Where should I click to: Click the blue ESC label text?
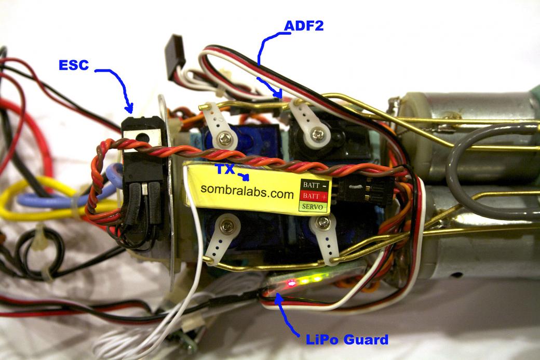pos(74,65)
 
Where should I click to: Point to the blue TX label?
pos(224,169)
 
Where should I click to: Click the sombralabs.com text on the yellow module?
pos(242,193)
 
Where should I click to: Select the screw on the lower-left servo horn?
pos(227,225)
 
